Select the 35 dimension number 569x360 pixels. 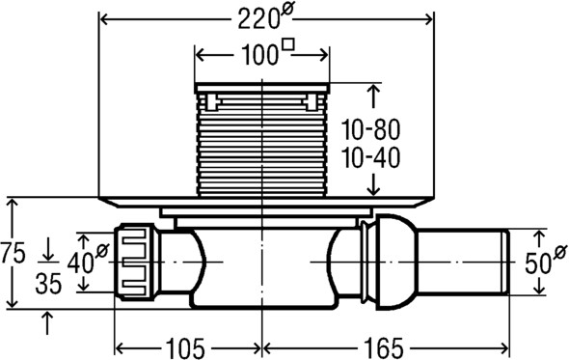49,286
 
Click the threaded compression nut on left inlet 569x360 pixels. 135,261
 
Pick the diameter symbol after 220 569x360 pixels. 287,12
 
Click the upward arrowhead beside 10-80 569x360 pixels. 374,92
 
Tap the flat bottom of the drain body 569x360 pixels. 261,307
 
